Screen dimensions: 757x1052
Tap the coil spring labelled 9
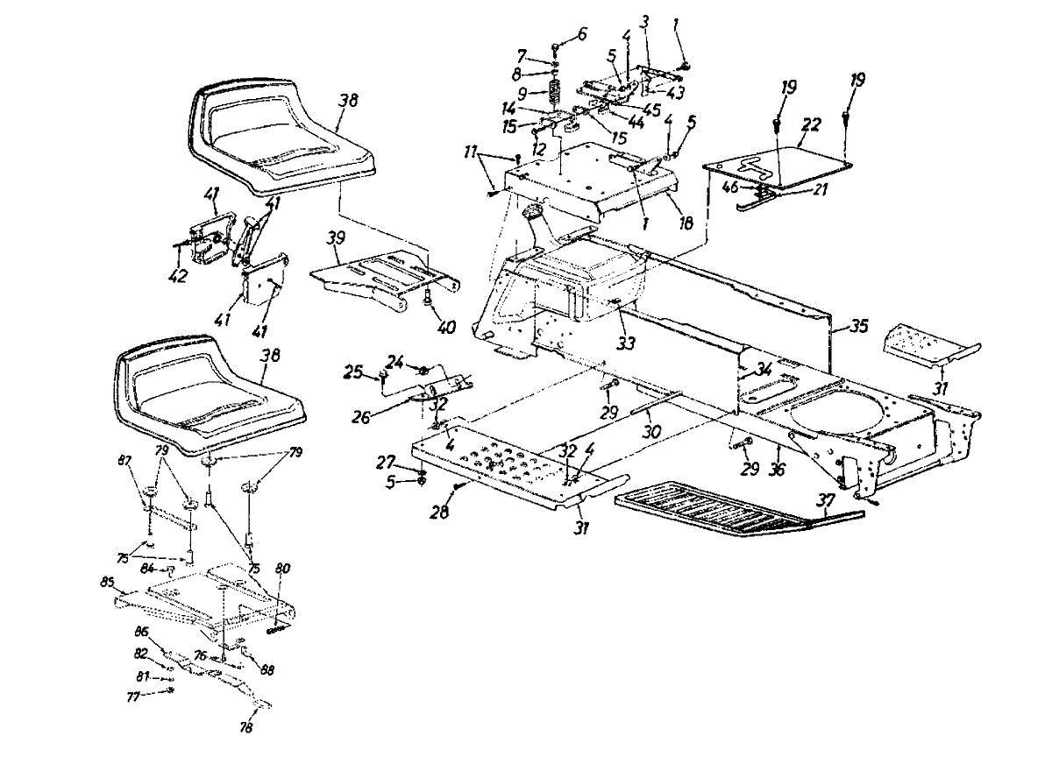coord(554,91)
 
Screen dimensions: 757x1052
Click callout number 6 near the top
coord(582,34)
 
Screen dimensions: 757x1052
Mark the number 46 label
coord(729,187)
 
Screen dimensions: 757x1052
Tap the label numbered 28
coord(438,513)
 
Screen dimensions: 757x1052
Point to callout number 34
coord(764,369)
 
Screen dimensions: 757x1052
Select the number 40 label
coord(448,329)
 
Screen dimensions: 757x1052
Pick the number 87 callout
coord(124,461)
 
